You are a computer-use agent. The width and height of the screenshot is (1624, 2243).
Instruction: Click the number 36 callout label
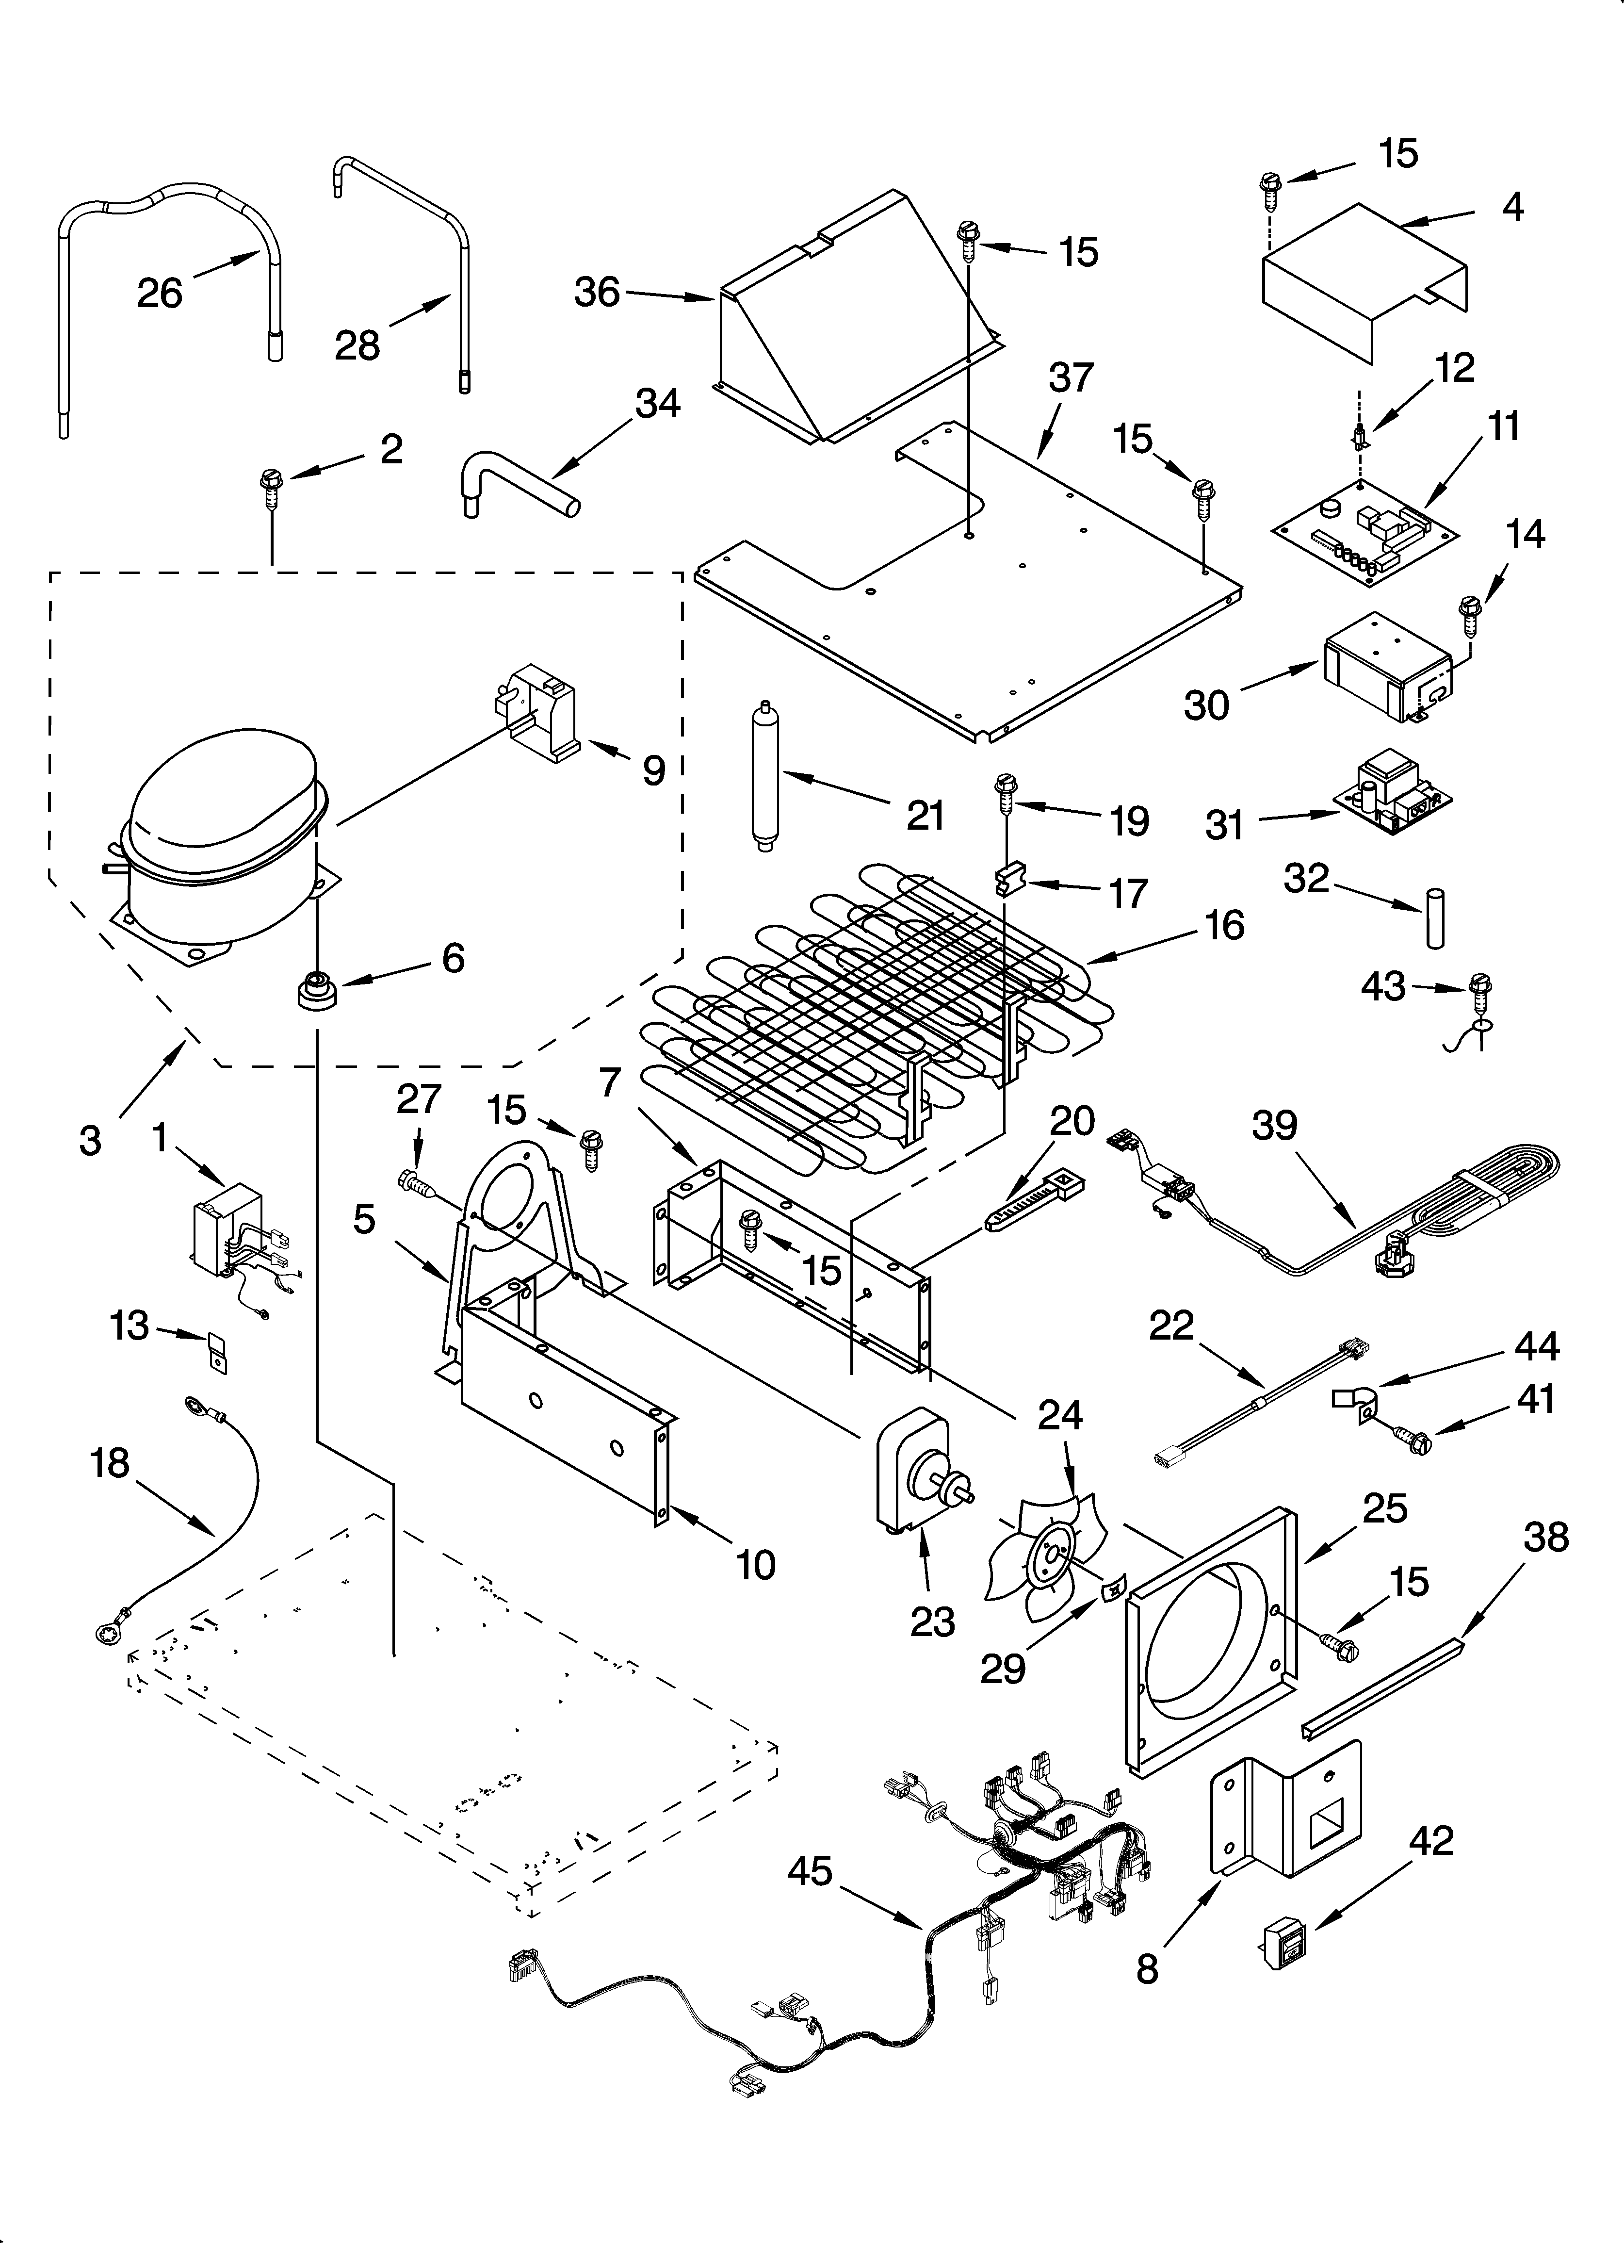[597, 293]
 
